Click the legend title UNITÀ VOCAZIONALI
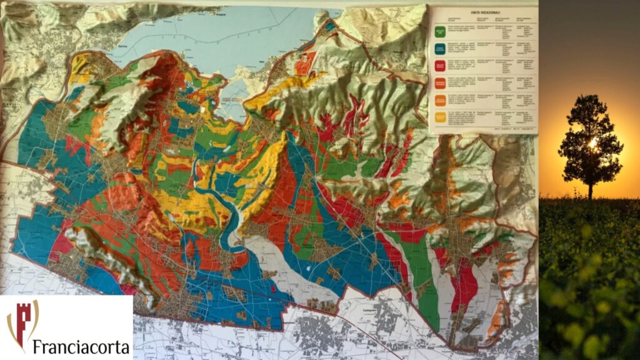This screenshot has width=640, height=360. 483,12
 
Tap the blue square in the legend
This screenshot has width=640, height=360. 441,47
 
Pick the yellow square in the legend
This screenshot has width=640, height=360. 441,116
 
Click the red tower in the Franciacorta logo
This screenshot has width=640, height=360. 22,322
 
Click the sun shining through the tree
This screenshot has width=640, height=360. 592,144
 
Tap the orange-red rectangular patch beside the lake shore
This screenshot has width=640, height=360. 304,63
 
